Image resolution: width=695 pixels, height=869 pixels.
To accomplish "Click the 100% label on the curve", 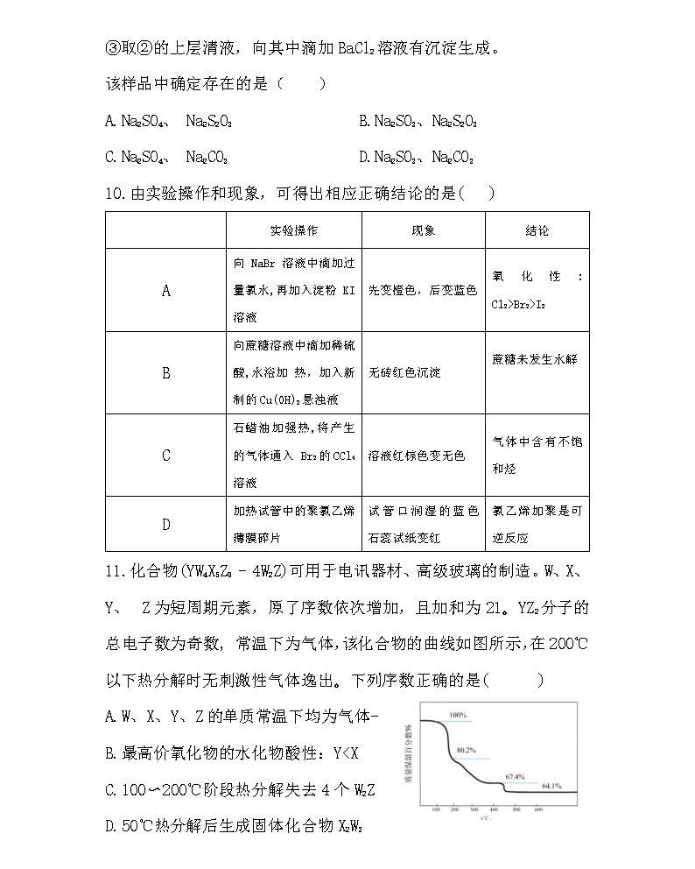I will [458, 715].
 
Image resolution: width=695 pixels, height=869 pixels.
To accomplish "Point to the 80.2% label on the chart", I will [466, 751].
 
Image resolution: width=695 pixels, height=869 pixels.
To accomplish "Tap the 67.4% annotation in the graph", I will [515, 776].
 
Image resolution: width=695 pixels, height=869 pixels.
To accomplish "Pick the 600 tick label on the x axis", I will [539, 811].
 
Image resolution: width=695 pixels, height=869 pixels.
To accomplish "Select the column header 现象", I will [424, 230].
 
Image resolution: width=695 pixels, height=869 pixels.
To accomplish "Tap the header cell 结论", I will [537, 230].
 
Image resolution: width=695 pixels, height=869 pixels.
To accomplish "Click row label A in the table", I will [166, 291].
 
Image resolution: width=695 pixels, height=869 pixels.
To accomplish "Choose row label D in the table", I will [166, 525].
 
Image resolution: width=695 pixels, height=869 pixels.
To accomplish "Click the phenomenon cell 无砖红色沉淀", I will [404, 372].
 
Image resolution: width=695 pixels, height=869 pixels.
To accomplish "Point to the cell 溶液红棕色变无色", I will [417, 456].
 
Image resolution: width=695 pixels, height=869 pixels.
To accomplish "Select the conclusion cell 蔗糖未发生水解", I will [535, 359].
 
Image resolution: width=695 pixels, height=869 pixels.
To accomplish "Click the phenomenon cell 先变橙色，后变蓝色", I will [423, 290].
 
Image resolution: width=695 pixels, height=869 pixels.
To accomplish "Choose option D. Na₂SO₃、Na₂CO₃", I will [417, 158].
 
